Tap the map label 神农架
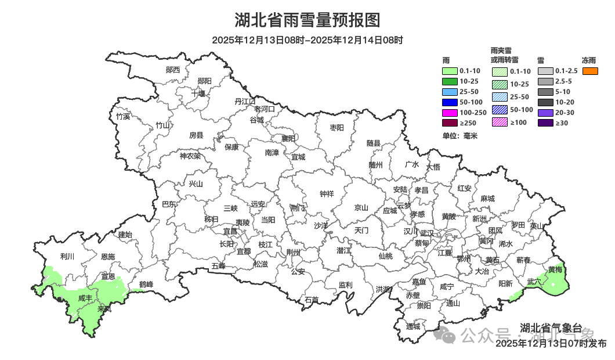(x=190, y=156)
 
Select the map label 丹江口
(x=245, y=102)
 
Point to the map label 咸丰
(x=85, y=298)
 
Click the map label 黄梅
(x=555, y=270)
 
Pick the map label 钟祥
(x=327, y=194)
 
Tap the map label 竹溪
(x=123, y=116)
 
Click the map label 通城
(x=413, y=326)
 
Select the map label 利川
(x=68, y=256)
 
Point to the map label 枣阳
(x=337, y=127)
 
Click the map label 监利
(x=345, y=285)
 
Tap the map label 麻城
(x=487, y=199)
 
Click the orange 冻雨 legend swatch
(x=590, y=71)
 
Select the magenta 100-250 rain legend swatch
(x=450, y=112)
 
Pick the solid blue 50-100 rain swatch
(x=450, y=102)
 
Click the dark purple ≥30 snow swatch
(x=545, y=123)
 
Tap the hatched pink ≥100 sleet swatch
(x=500, y=122)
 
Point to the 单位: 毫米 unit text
(x=459, y=136)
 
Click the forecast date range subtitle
(x=307, y=40)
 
